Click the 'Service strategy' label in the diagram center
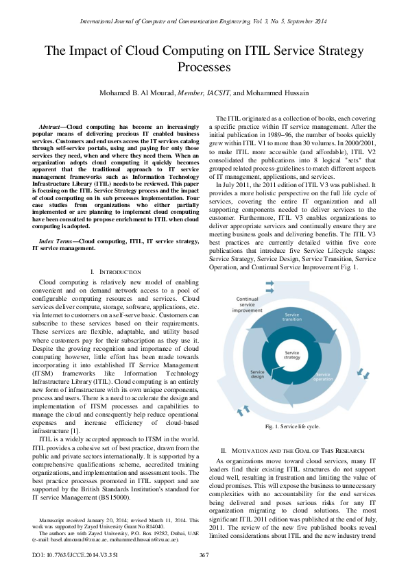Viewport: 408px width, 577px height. pos(292,354)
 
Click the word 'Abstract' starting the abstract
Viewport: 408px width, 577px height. pos(50,127)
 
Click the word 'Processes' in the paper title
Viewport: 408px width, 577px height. pos(204,67)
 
